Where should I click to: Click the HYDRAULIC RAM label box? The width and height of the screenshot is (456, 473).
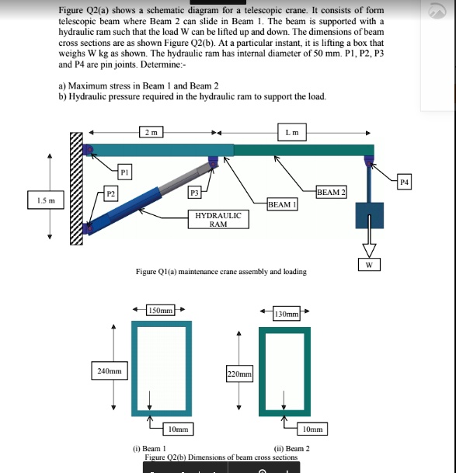[x=218, y=219]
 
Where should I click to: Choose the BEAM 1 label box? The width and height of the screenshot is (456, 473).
[x=279, y=204]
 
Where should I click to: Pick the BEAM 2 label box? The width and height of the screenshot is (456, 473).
[x=332, y=191]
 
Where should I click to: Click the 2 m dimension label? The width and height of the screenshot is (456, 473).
[x=148, y=131]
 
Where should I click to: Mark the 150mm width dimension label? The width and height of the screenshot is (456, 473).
[x=160, y=311]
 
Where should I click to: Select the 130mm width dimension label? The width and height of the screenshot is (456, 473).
[x=287, y=314]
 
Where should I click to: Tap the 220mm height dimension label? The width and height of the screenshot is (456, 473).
[x=239, y=375]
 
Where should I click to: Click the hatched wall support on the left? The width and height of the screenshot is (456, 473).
[x=76, y=190]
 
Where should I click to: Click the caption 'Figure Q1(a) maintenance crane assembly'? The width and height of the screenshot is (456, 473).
[x=221, y=272]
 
